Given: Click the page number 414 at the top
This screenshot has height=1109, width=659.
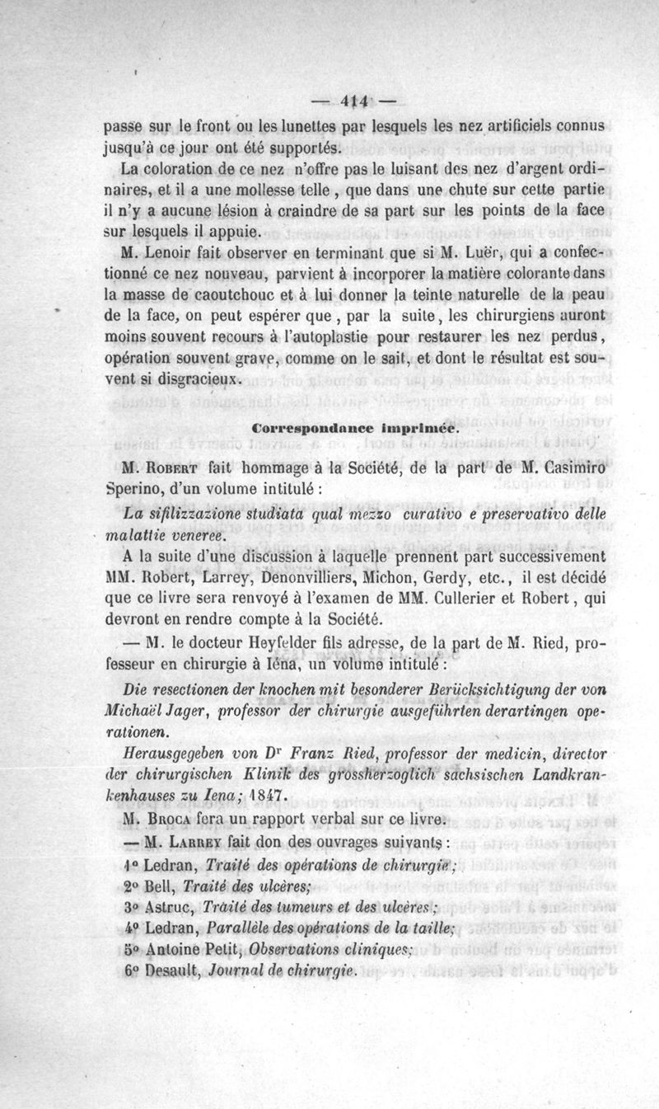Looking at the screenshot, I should click(356, 103).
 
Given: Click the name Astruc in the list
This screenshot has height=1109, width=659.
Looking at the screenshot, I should click(171, 906).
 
